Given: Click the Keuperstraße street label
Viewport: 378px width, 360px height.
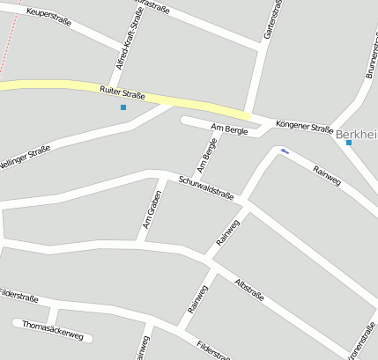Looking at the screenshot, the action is click(x=49, y=14).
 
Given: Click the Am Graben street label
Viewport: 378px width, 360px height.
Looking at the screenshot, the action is click(x=151, y=207).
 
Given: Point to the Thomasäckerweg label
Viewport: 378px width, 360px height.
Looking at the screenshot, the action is click(x=53, y=329).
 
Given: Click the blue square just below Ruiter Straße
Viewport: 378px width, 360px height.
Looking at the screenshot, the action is click(x=123, y=107).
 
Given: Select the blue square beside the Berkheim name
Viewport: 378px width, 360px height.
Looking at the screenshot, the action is click(x=349, y=143).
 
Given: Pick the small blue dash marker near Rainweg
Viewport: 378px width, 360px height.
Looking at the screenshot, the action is click(x=284, y=151).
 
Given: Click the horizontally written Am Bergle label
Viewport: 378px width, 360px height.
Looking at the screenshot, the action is click(x=229, y=129).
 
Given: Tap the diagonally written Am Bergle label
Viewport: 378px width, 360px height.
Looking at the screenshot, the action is click(x=207, y=155).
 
